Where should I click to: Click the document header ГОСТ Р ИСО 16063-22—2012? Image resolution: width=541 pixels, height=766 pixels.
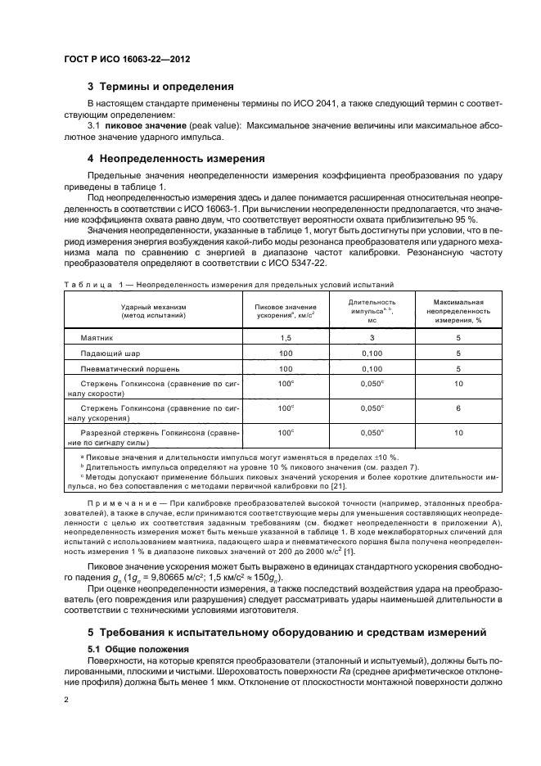(x=128, y=59)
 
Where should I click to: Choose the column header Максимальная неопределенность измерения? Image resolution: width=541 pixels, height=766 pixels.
(x=458, y=312)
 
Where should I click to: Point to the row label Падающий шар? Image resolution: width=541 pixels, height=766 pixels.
(x=108, y=353)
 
